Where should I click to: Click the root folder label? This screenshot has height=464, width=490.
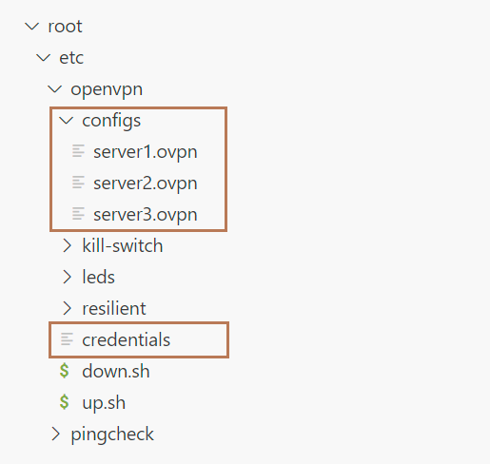(x=65, y=27)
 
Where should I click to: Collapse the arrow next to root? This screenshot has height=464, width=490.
(x=32, y=27)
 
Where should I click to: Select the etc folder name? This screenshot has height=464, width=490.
(x=71, y=58)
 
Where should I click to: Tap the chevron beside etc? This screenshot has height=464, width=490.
(x=44, y=58)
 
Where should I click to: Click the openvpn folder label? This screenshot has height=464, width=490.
(x=107, y=89)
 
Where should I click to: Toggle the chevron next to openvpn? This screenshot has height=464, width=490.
(x=55, y=89)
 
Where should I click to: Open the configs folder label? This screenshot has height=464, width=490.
(x=111, y=121)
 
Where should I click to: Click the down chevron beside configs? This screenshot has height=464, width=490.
(x=67, y=121)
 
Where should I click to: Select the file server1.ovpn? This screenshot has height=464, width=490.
(x=146, y=152)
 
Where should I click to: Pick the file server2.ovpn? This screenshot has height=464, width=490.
(x=146, y=184)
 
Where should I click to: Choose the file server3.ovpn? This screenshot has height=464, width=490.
(x=146, y=215)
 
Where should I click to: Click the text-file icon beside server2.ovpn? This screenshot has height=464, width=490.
(x=78, y=183)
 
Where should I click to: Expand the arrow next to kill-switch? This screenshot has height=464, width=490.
(x=67, y=245)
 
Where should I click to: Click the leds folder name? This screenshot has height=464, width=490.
(x=98, y=277)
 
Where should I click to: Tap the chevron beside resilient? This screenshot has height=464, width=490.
(x=67, y=308)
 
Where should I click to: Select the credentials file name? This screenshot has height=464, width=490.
(x=126, y=339)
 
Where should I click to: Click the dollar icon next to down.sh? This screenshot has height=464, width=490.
(x=65, y=371)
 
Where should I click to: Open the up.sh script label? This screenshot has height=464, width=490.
(x=104, y=403)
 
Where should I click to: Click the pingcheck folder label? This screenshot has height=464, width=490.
(x=112, y=435)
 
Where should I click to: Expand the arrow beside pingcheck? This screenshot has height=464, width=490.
(x=55, y=434)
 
